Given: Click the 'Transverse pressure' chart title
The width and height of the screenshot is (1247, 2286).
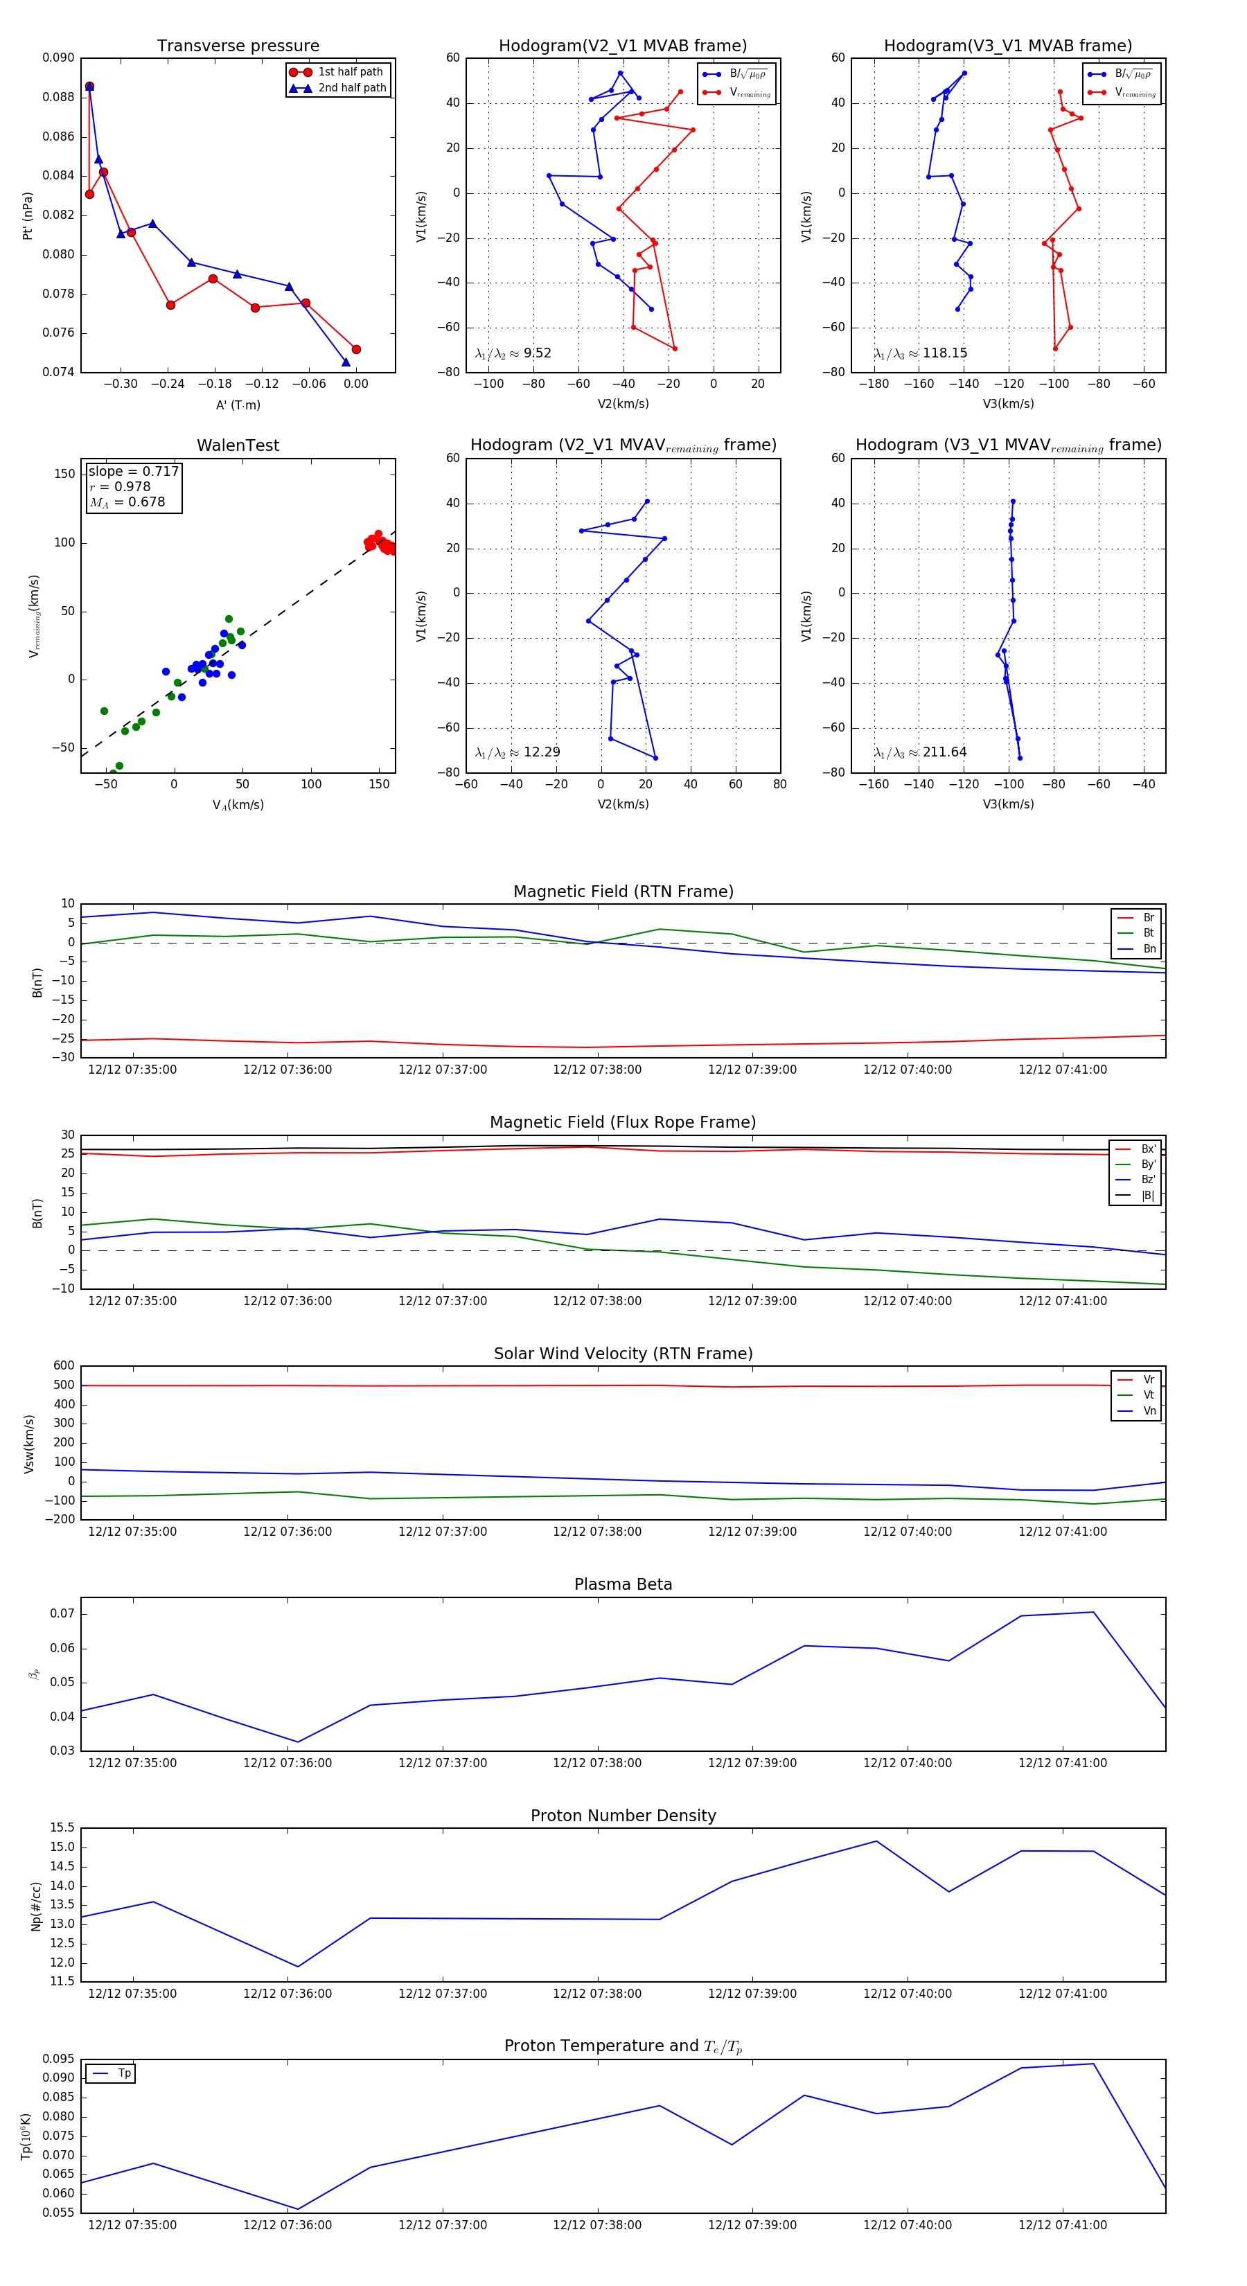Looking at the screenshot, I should pos(238,46).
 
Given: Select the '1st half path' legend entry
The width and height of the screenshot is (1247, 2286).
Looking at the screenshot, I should pos(350,72).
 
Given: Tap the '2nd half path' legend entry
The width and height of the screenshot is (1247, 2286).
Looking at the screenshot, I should pos(351,88).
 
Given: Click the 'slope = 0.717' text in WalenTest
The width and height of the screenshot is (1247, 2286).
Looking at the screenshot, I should pos(133,471).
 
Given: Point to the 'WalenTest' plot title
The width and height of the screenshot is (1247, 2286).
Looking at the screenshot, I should pos(238,445).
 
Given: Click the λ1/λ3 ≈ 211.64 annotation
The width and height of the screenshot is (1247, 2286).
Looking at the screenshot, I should pos(921,752).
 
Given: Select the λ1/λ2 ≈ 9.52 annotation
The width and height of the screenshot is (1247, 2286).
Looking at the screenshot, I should pos(513,353).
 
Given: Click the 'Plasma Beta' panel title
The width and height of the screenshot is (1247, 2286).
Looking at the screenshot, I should pos(623,1584).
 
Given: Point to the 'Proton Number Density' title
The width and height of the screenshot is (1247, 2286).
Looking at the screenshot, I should pos(623,1816).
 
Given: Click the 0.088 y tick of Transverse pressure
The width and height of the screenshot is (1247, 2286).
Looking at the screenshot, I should pos(59,97).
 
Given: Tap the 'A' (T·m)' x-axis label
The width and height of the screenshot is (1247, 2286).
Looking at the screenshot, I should pos(238,405).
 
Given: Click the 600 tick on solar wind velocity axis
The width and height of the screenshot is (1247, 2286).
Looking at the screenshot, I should pos(64,1366).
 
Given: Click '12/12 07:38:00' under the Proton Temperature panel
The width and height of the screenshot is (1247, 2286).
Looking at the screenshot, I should pos(597,2225).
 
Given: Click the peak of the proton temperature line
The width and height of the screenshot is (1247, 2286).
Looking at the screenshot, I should pos(1093,2063).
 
